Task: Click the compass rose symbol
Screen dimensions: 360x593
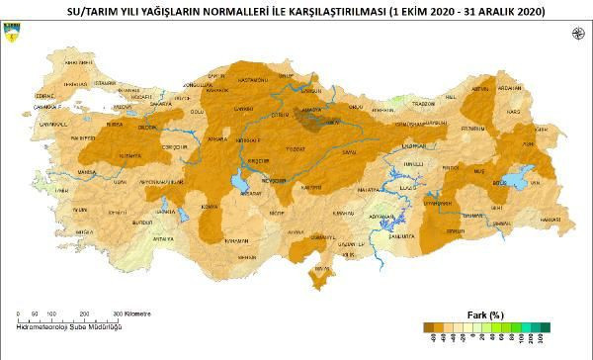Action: (x=576, y=34)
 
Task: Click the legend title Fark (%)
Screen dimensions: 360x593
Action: (x=485, y=315)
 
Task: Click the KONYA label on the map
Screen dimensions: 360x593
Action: (x=209, y=206)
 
